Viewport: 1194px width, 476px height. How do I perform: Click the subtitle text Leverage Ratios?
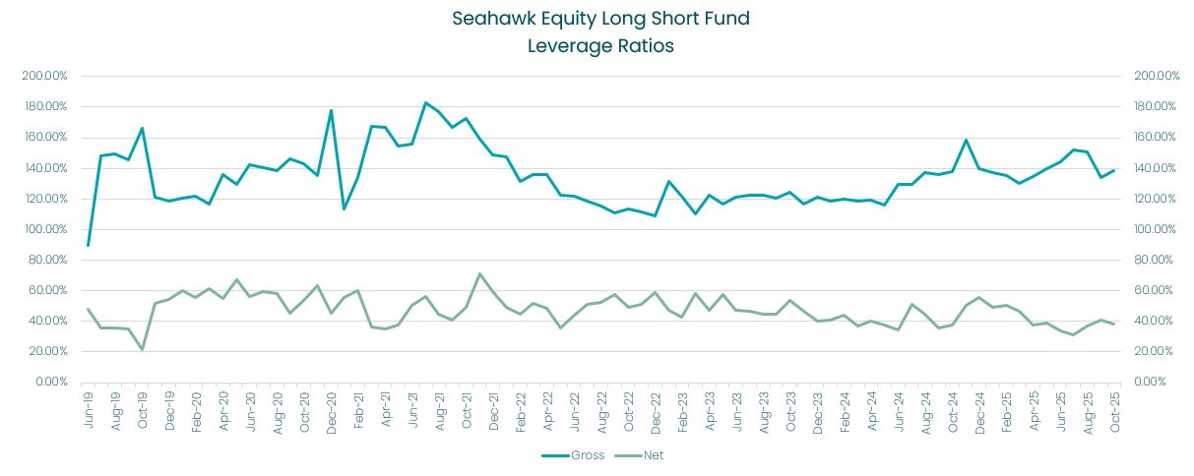[600, 46]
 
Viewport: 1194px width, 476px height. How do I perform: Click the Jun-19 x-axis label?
[87, 405]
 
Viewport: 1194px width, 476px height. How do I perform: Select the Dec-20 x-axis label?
[330, 405]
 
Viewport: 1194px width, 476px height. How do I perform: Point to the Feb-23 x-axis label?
[680, 405]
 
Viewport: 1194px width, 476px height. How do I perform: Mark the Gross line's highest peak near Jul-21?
[425, 102]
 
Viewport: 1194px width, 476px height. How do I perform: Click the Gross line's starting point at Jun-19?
[89, 245]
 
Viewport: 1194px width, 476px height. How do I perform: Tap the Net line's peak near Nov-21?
[479, 273]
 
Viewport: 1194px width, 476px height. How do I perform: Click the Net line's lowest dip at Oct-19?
[142, 349]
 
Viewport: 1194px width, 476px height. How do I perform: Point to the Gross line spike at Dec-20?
[331, 110]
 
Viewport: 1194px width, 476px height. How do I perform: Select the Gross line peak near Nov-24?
[966, 140]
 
